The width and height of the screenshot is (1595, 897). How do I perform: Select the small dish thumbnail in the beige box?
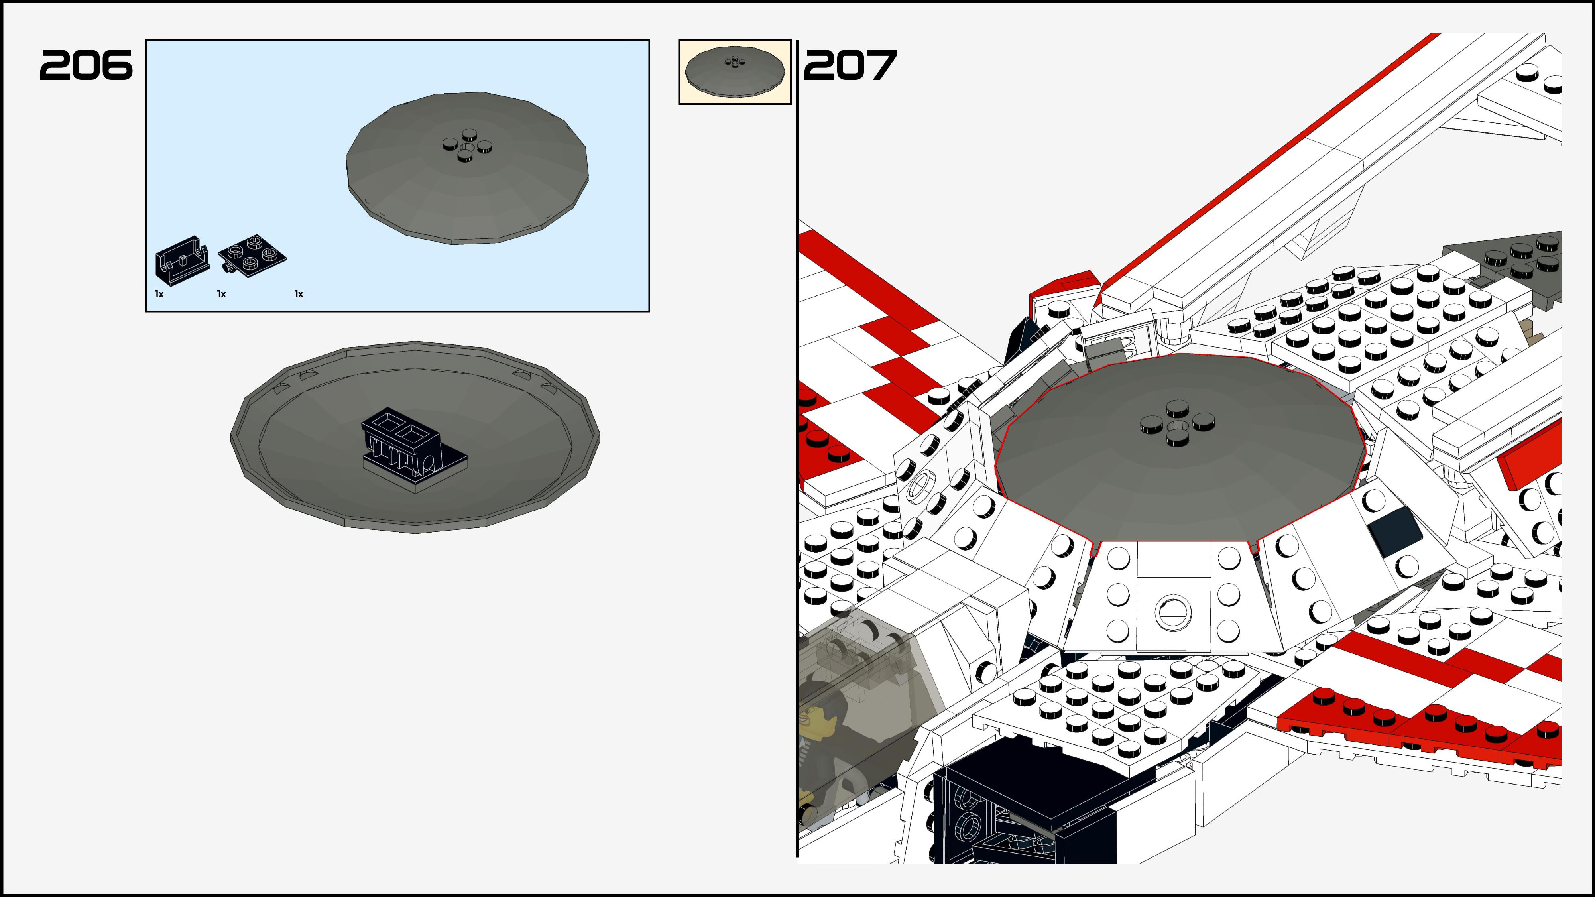coord(735,72)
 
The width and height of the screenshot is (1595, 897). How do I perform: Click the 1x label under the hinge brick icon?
coord(159,294)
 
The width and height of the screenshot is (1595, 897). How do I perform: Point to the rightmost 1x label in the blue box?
coord(299,294)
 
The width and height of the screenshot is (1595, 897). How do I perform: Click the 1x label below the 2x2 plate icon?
coord(221,294)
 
